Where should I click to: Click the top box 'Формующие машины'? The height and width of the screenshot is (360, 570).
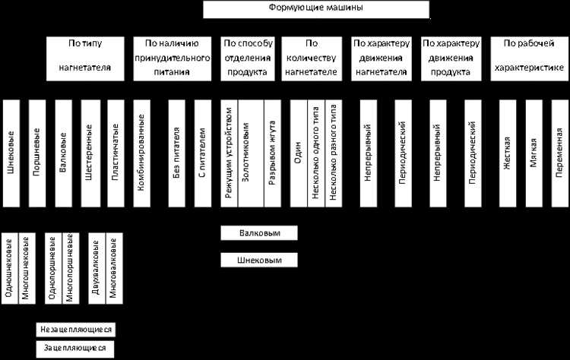315,9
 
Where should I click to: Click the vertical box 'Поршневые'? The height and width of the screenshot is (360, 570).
36,152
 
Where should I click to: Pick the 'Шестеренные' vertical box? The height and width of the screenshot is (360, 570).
88,152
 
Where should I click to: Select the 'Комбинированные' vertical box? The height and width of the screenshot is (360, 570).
141,152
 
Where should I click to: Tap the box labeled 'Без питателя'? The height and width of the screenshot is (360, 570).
176,152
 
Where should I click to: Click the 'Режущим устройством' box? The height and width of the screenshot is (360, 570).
229,152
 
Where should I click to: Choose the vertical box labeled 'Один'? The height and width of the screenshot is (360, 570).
297,152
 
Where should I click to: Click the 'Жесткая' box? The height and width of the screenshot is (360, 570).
507,152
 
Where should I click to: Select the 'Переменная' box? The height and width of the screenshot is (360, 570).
559,152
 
